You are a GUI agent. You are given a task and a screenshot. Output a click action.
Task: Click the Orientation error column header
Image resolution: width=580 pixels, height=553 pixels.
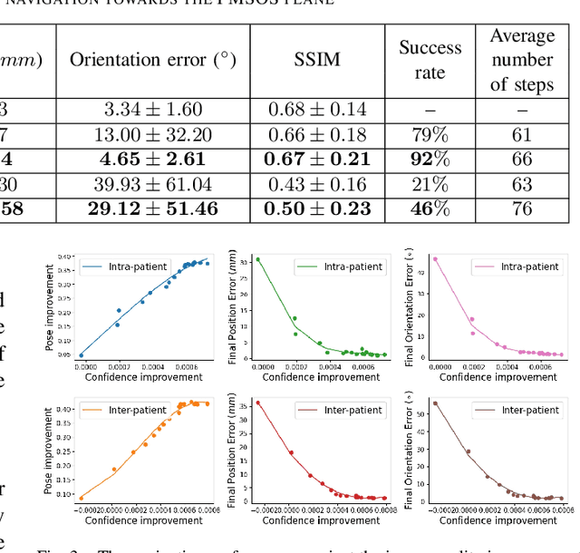[x=153, y=61]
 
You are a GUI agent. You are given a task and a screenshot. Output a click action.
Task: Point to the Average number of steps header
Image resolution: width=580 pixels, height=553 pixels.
[x=522, y=60]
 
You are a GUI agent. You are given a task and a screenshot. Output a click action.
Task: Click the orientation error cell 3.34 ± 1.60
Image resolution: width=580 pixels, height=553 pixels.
[x=153, y=110]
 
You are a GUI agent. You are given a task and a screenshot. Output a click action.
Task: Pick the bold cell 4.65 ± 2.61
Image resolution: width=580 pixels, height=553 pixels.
[x=153, y=160]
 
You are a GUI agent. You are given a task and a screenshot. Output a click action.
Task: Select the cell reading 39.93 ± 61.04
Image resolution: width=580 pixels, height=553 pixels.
[x=153, y=184]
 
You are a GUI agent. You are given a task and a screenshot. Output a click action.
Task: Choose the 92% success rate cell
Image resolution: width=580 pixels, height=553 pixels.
[x=430, y=160]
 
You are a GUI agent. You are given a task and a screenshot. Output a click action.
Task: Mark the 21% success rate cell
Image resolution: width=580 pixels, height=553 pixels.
[x=430, y=184]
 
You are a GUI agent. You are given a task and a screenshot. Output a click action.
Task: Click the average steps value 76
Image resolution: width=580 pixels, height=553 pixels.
[x=522, y=209]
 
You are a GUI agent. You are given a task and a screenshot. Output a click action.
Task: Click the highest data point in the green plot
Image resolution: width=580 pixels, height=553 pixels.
[x=257, y=259]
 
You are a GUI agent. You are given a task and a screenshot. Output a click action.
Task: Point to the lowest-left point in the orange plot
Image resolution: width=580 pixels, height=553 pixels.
[x=82, y=498]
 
